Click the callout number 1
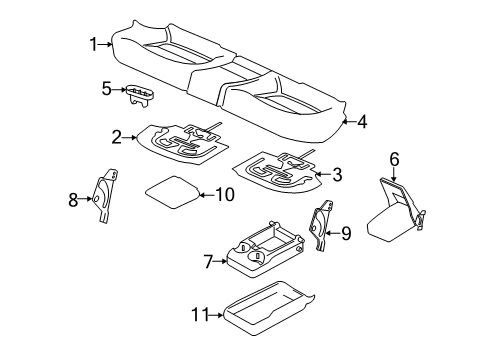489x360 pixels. [x=93, y=43]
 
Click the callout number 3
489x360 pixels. [x=337, y=175]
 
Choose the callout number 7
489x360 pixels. [x=208, y=262]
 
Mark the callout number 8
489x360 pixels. [x=71, y=200]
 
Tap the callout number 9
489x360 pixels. [x=346, y=233]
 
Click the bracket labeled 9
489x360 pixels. [x=323, y=228]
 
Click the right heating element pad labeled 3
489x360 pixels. [x=279, y=170]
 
